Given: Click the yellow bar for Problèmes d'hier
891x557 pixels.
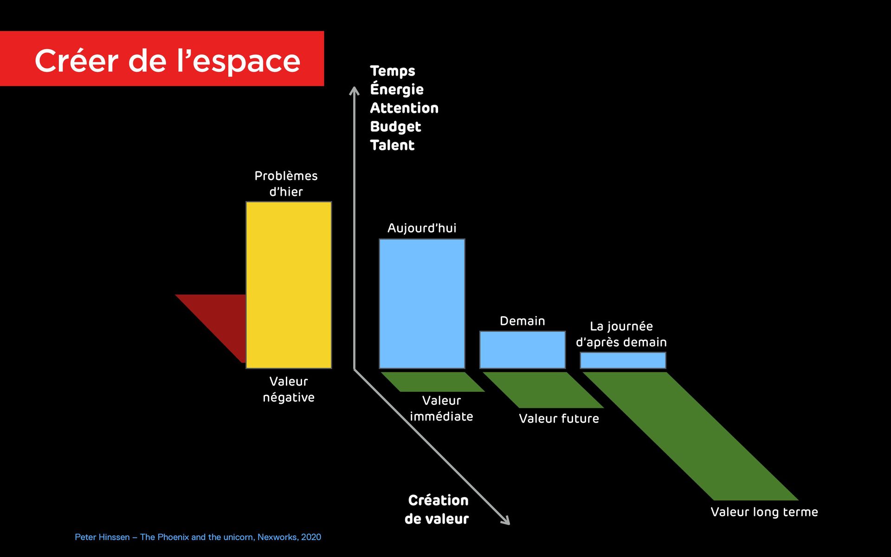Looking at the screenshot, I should [289, 285].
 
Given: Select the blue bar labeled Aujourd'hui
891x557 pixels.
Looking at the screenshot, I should [422, 304].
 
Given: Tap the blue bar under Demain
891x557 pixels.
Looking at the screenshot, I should [522, 350].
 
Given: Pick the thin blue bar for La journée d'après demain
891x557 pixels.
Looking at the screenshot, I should [623, 360].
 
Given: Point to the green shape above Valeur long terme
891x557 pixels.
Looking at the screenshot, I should [691, 436].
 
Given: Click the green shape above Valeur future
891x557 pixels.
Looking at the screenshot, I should [543, 390].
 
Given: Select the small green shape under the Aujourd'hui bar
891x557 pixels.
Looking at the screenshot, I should [432, 382].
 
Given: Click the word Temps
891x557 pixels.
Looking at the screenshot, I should [393, 71].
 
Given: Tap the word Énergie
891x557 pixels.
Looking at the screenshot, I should [397, 89].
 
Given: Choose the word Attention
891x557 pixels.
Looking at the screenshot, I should [404, 108].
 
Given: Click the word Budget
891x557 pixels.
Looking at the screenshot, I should [395, 127].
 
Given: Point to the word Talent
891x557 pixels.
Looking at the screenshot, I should [392, 145].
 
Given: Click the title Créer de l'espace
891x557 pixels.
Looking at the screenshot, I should [167, 60].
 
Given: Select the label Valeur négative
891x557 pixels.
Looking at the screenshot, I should [289, 389].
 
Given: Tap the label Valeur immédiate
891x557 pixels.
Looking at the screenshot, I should [441, 408].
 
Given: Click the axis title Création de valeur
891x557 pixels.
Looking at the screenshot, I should [437, 509].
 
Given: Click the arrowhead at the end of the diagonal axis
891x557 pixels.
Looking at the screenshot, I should [506, 521].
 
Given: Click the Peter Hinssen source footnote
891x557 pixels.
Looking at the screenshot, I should [198, 537].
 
